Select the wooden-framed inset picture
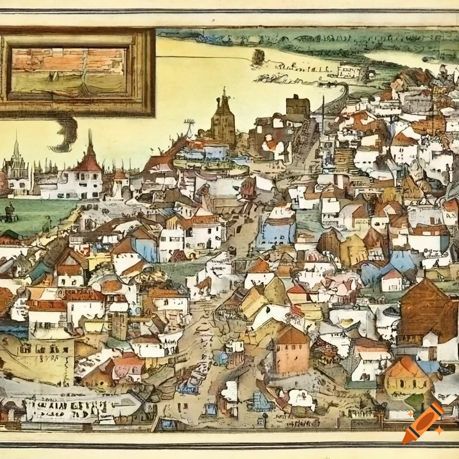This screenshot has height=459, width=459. [x=77, y=72]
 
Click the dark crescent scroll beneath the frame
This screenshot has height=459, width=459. [x=66, y=134]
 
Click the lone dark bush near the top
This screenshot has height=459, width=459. [x=258, y=57]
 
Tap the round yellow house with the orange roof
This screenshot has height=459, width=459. [x=408, y=379]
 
